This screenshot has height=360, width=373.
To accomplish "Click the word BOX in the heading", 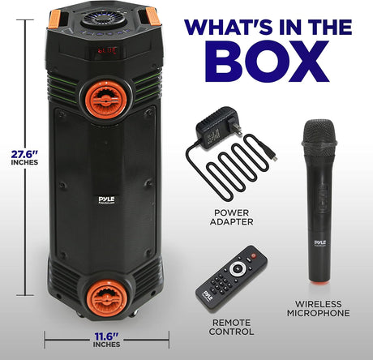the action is tap(267, 61).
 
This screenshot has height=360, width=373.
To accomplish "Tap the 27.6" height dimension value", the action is tap(24, 154).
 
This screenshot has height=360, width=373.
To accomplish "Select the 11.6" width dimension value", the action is tap(106, 336).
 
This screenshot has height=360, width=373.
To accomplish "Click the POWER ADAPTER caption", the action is tap(232, 217).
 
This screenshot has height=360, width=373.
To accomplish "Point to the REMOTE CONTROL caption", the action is tap(231, 327).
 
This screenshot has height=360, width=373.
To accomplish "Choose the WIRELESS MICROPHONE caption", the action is tap(318, 308).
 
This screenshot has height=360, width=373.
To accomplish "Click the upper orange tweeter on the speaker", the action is tap(105, 100).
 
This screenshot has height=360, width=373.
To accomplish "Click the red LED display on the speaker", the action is tap(107, 50).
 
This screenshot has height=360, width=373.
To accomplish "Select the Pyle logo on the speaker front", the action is tap(107, 199).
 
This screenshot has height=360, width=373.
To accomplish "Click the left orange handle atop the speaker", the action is tap(54, 19).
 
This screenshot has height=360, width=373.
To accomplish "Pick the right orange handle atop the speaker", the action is tap(152, 16).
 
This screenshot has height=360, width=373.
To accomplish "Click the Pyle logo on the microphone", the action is tap(320, 242).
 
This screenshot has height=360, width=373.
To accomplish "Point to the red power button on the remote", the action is tap(253, 255).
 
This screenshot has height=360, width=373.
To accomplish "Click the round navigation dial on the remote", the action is tap(238, 268).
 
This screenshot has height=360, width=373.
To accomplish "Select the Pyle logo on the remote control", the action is tap(208, 296).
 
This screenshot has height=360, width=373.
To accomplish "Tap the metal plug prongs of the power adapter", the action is tap(234, 126).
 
